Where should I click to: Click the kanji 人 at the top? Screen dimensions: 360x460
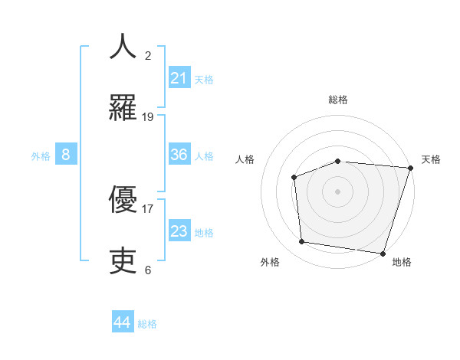click(x=123, y=46)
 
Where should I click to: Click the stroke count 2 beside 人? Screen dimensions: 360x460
click(x=148, y=55)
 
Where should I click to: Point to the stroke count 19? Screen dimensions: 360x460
click(x=148, y=116)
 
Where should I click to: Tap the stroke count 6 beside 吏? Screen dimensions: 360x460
click(x=148, y=270)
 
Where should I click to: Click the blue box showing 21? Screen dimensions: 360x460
click(x=179, y=77)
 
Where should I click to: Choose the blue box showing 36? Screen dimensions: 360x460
click(x=179, y=155)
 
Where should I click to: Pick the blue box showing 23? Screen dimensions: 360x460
click(x=179, y=231)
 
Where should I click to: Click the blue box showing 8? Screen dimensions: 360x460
click(x=66, y=155)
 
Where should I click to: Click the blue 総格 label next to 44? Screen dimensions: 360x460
click(x=147, y=324)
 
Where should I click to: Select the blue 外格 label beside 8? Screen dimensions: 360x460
click(x=41, y=156)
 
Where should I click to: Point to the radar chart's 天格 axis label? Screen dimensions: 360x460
click(x=431, y=159)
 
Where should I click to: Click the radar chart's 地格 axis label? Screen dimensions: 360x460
click(x=402, y=262)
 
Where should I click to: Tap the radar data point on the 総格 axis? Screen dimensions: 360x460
click(x=337, y=161)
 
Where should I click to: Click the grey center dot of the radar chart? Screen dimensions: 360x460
click(x=337, y=191)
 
